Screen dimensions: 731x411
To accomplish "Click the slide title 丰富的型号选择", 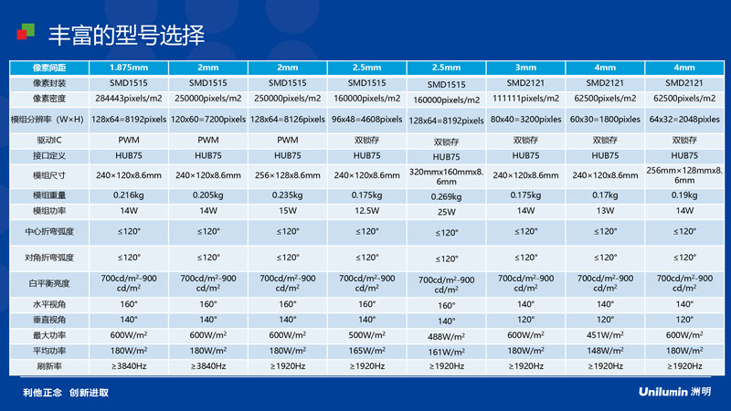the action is pyautogui.click(x=126, y=36).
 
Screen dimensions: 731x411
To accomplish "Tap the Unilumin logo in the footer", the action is pyautogui.click(x=674, y=392).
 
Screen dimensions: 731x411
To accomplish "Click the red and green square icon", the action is pyautogui.click(x=26, y=32).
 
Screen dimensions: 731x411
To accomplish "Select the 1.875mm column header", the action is pyautogui.click(x=129, y=68).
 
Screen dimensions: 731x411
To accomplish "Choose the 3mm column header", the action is pyautogui.click(x=525, y=68).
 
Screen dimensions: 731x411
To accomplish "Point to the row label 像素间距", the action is pyautogui.click(x=49, y=68).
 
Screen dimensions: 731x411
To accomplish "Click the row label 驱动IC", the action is pyautogui.click(x=49, y=140).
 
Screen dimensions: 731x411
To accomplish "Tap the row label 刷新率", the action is pyautogui.click(x=49, y=366).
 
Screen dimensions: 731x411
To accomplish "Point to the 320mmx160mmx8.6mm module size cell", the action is pyautogui.click(x=446, y=176).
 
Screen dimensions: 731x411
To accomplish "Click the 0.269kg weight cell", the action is pyautogui.click(x=446, y=196).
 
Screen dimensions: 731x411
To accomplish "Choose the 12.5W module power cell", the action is pyautogui.click(x=367, y=211).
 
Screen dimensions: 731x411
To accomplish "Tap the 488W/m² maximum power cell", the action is pyautogui.click(x=446, y=336).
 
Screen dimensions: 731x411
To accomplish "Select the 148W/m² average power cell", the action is pyautogui.click(x=605, y=351).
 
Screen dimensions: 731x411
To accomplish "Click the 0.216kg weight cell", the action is pyautogui.click(x=129, y=195).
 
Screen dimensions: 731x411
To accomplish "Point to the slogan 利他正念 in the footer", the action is pyautogui.click(x=42, y=393).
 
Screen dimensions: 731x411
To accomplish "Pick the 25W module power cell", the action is pyautogui.click(x=446, y=212).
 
